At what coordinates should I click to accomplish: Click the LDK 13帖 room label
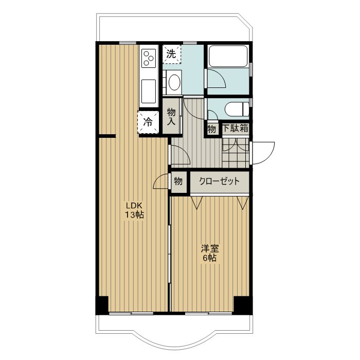(134, 210)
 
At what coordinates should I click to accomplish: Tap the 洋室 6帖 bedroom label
(210, 253)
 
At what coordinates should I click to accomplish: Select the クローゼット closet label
(219, 182)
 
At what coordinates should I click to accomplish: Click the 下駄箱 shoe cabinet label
(236, 129)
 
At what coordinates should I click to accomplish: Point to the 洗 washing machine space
(172, 54)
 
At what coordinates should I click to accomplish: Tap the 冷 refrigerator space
(148, 122)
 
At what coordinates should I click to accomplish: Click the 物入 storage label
(171, 117)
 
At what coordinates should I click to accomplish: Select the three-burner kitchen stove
(149, 59)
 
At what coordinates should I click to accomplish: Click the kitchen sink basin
(149, 92)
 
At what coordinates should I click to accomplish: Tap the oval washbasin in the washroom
(174, 82)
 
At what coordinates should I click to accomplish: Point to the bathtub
(228, 56)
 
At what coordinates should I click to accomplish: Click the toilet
(237, 110)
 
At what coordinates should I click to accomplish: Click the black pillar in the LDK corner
(102, 305)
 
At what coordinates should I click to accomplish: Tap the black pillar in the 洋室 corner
(243, 305)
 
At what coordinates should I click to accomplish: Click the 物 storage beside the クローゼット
(178, 182)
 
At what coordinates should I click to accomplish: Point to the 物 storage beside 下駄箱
(212, 129)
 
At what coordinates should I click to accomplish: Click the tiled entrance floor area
(236, 153)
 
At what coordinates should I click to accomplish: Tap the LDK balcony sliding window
(131, 313)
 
